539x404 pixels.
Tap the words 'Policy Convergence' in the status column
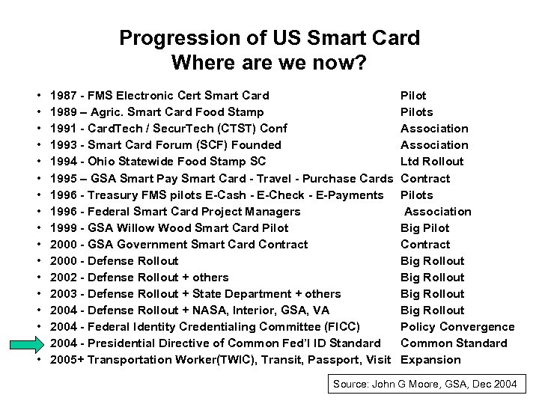(x=457, y=327)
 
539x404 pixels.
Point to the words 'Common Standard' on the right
(x=454, y=343)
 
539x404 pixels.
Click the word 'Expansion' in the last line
(x=430, y=360)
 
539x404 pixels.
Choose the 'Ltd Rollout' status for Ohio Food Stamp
(x=432, y=162)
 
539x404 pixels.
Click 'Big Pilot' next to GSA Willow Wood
(x=425, y=227)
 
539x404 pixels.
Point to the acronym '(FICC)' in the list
(x=343, y=327)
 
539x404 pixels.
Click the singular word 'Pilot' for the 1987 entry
(x=413, y=96)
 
